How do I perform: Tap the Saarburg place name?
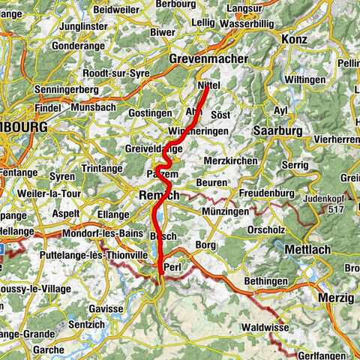[x=277, y=130]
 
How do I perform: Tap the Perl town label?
[x=172, y=266]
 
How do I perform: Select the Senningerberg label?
[x=68, y=90]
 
